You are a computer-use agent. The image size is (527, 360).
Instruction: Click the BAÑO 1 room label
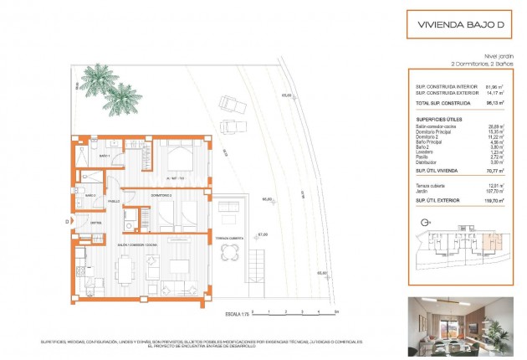tap(105, 157)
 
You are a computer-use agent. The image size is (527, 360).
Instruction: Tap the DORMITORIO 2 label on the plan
tap(162, 194)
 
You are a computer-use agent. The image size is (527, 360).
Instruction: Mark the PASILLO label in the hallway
tap(114, 201)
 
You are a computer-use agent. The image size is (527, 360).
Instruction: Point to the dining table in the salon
tap(125, 270)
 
